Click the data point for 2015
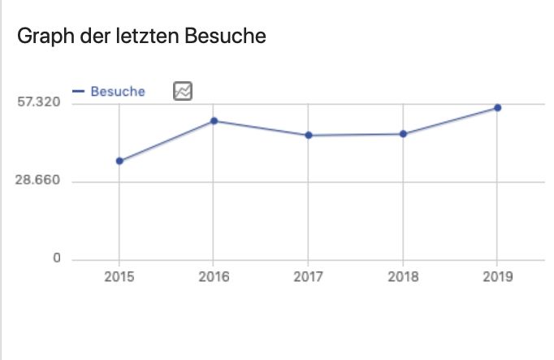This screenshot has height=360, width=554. pyautogui.click(x=119, y=161)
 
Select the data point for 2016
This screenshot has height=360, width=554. pyautogui.click(x=214, y=121)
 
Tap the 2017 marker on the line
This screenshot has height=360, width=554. pyautogui.click(x=309, y=135)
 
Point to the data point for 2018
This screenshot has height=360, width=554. pyautogui.click(x=403, y=134)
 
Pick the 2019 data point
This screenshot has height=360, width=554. pyautogui.click(x=497, y=107)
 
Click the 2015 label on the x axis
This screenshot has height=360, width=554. pyautogui.click(x=119, y=277)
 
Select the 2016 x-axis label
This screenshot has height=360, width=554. pyautogui.click(x=214, y=277)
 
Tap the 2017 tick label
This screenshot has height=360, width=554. pyautogui.click(x=309, y=277)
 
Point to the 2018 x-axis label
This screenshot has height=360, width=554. pyautogui.click(x=403, y=277)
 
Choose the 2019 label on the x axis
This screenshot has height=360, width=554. pyautogui.click(x=497, y=277)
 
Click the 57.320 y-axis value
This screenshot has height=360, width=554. pyautogui.click(x=38, y=102)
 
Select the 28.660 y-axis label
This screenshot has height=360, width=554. pyautogui.click(x=38, y=180)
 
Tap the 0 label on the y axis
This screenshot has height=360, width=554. pyautogui.click(x=57, y=258)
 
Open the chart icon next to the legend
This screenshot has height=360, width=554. pyautogui.click(x=182, y=91)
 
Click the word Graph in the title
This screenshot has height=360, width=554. pyautogui.click(x=41, y=37)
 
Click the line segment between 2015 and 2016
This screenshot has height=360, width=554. pyautogui.click(x=167, y=141)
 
